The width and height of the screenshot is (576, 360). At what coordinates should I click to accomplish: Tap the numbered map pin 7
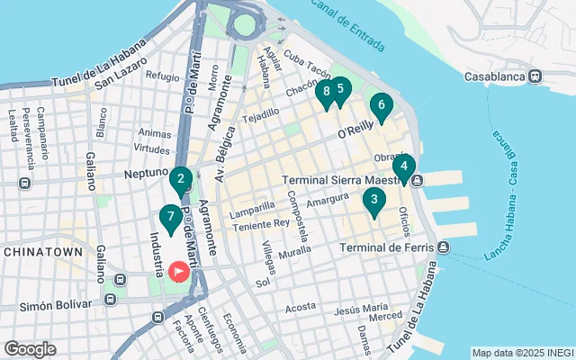click(x=169, y=217)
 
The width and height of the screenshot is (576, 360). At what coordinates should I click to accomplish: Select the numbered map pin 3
click(x=373, y=201)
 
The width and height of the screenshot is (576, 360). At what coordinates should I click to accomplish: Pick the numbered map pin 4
click(x=404, y=166)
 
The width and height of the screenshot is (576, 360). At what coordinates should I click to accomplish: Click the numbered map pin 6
click(x=382, y=105)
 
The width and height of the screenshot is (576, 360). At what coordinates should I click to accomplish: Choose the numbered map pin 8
click(x=325, y=91)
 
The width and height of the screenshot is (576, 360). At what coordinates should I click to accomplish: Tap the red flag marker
click(x=179, y=270)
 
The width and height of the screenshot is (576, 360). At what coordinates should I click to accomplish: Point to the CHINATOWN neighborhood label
click(x=41, y=251)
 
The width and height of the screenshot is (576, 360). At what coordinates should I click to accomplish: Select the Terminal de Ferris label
click(x=385, y=247)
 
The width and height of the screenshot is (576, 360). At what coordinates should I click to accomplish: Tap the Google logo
click(x=30, y=348)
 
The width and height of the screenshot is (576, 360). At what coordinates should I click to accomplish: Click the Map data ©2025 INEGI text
click(x=521, y=353)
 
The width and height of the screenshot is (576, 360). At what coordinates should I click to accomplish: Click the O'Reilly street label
click(x=355, y=132)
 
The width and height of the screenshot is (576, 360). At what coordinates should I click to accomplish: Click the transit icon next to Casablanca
click(x=536, y=76)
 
